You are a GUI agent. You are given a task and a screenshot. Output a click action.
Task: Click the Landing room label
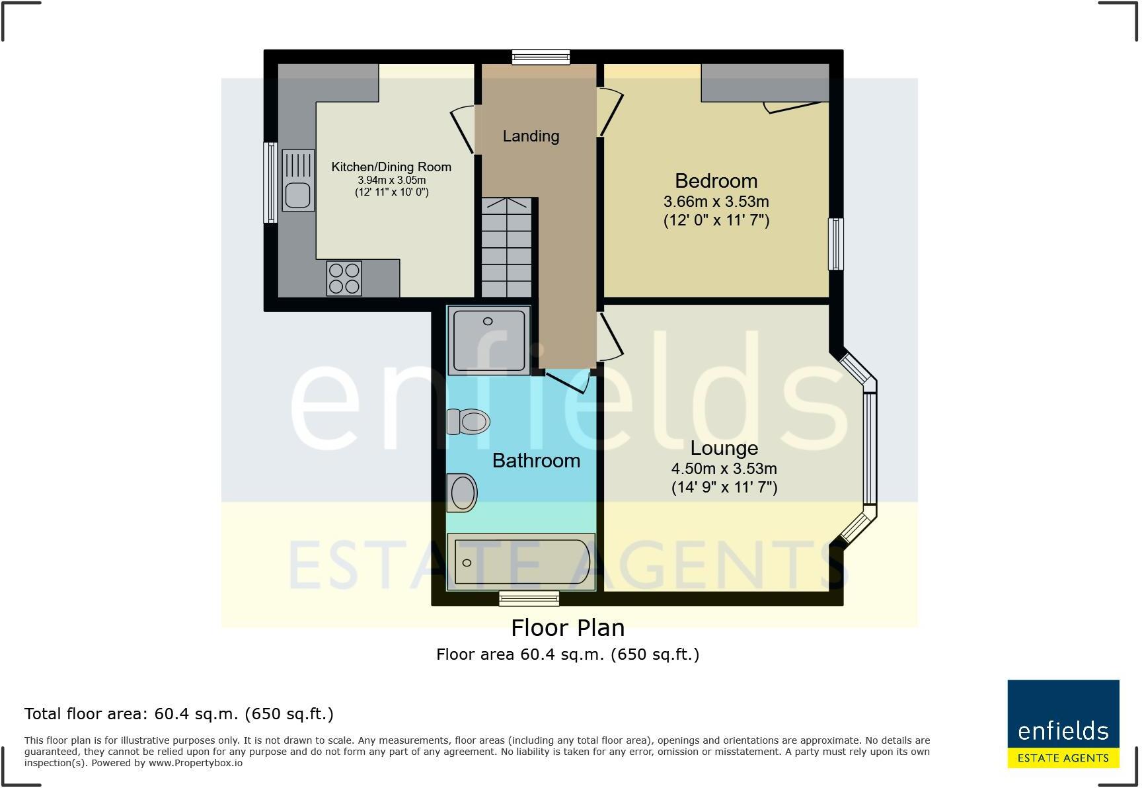point(531,136)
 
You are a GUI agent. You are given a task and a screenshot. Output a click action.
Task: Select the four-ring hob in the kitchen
point(344,278)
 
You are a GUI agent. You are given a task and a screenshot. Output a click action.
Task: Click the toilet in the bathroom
point(469,421)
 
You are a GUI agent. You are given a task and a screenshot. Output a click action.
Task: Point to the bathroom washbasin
point(462,492)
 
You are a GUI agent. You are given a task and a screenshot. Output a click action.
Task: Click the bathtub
point(521,562)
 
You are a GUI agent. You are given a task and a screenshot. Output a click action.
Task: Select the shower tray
point(488,340)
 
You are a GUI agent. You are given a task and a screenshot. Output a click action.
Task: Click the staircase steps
point(507,248)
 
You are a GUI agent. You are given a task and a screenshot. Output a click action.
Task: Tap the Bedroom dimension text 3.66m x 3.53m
point(716,202)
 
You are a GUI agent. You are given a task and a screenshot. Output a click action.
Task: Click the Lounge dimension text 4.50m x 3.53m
point(724,469)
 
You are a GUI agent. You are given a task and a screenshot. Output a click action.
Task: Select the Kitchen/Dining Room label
point(391,167)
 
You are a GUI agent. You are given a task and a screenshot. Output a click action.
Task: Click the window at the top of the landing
point(541,58)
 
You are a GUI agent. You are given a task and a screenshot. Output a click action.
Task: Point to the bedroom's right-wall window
point(836,244)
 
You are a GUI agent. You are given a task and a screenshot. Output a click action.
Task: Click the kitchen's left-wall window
point(270,182)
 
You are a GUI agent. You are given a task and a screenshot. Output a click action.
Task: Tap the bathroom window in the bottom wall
point(529,599)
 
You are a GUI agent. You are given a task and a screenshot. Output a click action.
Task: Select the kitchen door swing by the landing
point(463,130)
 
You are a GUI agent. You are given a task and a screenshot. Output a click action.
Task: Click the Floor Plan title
point(568,627)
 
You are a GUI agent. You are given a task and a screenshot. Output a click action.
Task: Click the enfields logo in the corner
point(1063,724)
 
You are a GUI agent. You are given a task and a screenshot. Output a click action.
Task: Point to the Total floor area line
point(179,714)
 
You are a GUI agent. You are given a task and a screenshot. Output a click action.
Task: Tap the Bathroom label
point(536,461)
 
